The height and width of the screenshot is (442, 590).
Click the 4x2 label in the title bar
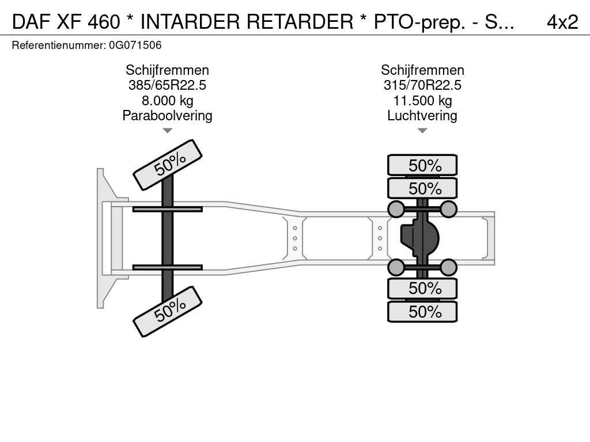coord(562,22)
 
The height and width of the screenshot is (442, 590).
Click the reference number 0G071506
coord(135,45)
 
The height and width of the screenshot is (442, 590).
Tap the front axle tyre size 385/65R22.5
coord(167,85)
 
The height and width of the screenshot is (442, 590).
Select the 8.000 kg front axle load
coord(168,101)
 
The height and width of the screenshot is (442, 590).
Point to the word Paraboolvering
coord(168,116)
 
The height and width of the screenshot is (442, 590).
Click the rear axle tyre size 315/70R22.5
coord(422,85)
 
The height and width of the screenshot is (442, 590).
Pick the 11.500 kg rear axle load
coord(422,101)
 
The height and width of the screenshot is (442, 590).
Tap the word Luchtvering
coord(422,116)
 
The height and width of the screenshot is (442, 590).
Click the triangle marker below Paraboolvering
coord(168,131)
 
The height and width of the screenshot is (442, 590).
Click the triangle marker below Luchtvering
coord(422,131)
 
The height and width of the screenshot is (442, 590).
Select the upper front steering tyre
coord(168,165)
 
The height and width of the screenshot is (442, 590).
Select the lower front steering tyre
coord(168,311)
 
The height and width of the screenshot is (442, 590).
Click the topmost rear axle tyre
coord(422,165)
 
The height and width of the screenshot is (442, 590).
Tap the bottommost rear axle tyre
coord(422,311)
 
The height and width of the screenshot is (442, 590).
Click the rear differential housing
coord(419,238)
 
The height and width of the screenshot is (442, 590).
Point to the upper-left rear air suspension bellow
coord(396,209)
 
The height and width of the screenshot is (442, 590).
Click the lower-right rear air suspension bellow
coord(448,268)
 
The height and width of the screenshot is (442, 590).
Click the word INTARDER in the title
coord(190,22)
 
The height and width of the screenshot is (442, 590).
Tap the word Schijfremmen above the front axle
coord(168,70)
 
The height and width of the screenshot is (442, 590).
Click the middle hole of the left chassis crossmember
coord(295,238)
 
